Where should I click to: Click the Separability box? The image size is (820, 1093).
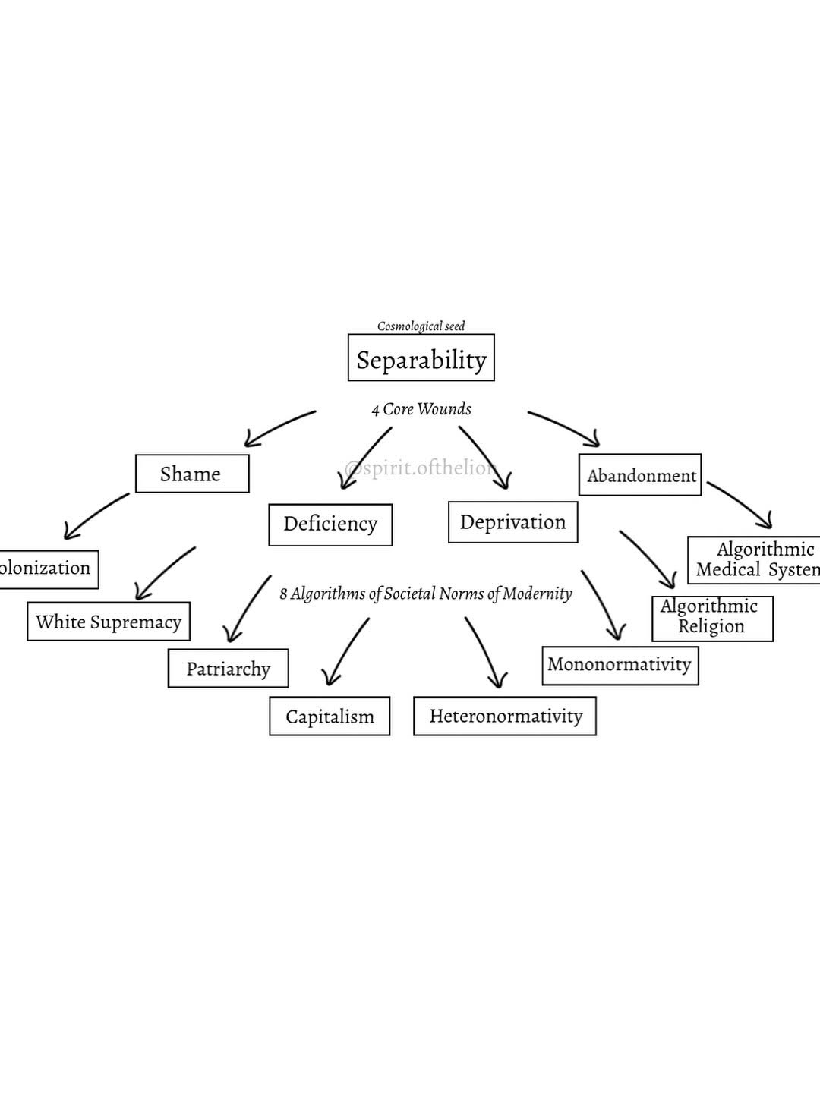point(421,358)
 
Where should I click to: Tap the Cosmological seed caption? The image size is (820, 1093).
point(421,326)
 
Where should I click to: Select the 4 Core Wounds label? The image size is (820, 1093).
point(421,409)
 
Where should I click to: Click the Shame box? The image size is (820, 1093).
point(191,474)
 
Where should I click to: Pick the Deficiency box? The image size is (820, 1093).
point(330,524)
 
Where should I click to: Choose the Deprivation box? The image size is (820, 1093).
point(512,522)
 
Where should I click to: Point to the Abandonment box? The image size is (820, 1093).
point(640,475)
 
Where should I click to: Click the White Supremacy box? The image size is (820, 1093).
point(109,622)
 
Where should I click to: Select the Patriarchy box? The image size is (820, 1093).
point(228,669)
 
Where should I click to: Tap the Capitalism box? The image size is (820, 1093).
point(330,717)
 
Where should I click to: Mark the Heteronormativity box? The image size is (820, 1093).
point(505,716)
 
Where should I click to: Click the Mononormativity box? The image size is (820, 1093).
point(620,665)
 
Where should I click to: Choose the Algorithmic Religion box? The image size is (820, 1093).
point(711,617)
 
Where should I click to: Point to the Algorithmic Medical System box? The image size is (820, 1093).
point(755,560)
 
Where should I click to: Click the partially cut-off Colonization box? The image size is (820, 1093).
point(47,569)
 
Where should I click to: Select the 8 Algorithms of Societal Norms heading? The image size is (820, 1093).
point(425,594)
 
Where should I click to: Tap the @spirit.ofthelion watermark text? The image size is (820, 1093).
point(421,468)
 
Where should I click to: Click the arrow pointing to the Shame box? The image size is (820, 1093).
point(278,428)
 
